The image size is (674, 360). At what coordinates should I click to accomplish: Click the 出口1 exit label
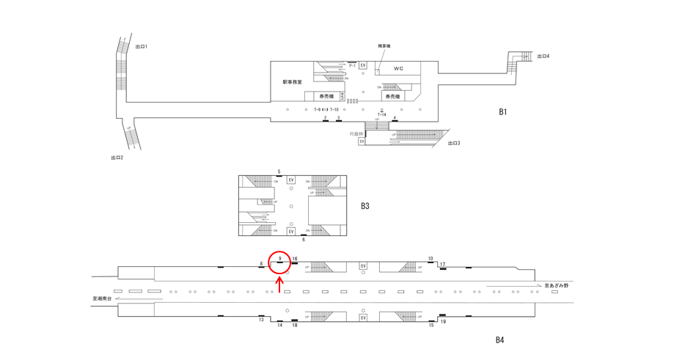[142, 47]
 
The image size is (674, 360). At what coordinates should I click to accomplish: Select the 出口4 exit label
[543, 56]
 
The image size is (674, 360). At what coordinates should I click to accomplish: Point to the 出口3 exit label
[454, 143]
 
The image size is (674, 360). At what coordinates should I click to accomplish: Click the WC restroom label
[398, 68]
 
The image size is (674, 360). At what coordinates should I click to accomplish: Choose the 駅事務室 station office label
[292, 82]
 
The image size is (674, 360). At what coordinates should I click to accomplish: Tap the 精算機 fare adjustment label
[384, 46]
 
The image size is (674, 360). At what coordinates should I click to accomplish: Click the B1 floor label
[503, 112]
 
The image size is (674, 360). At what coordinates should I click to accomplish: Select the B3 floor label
[365, 206]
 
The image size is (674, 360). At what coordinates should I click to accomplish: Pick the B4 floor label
[499, 339]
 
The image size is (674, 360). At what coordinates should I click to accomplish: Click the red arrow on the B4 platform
[279, 283]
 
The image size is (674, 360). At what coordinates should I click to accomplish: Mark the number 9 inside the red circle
[280, 258]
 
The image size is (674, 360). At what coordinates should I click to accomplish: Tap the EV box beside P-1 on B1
[363, 66]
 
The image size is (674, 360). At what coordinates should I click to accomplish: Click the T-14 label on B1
[382, 115]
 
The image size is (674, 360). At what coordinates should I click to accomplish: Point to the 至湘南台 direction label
[103, 298]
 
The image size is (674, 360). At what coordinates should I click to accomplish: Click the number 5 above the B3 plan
[279, 172]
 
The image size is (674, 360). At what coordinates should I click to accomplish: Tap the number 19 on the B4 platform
[443, 322]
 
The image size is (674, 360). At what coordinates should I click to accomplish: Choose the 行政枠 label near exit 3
[356, 133]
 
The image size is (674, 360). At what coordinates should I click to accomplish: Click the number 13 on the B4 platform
[261, 320]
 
